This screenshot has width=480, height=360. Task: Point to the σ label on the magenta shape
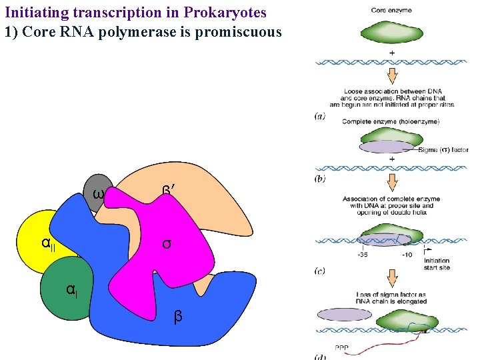click(167, 243)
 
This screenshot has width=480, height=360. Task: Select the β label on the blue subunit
click(177, 317)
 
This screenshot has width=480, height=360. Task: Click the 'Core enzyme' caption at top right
click(391, 10)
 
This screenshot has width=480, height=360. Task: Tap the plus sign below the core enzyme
click(391, 52)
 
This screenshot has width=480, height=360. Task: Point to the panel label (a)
click(319, 116)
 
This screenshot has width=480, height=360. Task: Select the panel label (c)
click(320, 270)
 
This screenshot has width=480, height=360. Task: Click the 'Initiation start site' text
click(437, 264)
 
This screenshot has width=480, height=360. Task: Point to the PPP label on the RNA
click(341, 347)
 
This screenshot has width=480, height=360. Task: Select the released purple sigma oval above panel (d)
click(345, 315)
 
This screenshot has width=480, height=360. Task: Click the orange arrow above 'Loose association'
click(391, 75)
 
